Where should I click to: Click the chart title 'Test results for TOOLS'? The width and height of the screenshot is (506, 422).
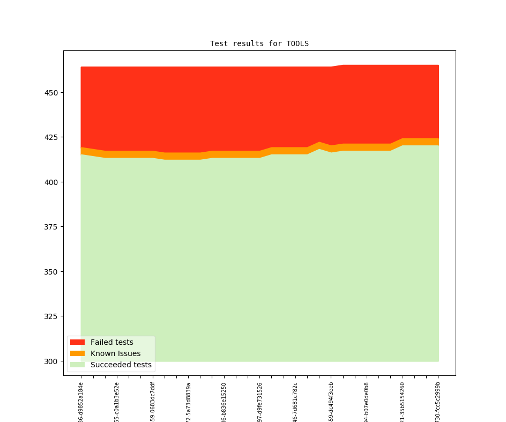point(259,43)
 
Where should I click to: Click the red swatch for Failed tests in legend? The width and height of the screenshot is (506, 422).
point(77,342)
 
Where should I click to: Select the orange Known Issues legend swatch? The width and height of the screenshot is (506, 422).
point(77,353)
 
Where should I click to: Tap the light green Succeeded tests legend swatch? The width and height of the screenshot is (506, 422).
point(77,365)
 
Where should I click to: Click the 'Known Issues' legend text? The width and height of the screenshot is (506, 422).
point(115,353)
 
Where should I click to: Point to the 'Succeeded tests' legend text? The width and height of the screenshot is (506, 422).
point(121,365)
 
